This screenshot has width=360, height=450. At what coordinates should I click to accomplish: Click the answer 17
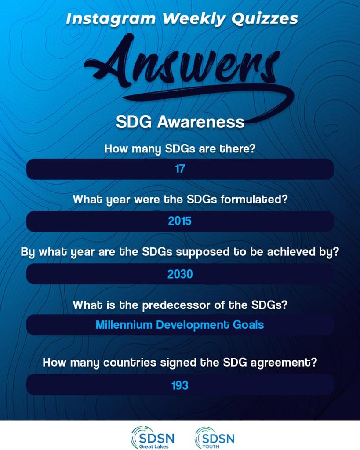(x=180, y=169)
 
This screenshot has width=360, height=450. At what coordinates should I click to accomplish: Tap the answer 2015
(x=180, y=221)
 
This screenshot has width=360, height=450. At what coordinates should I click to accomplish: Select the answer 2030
(x=180, y=274)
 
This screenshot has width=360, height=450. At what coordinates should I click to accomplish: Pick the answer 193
(x=180, y=385)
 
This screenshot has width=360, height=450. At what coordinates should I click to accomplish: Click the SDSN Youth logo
(x=215, y=438)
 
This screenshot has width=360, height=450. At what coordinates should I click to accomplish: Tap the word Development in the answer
(x=189, y=325)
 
